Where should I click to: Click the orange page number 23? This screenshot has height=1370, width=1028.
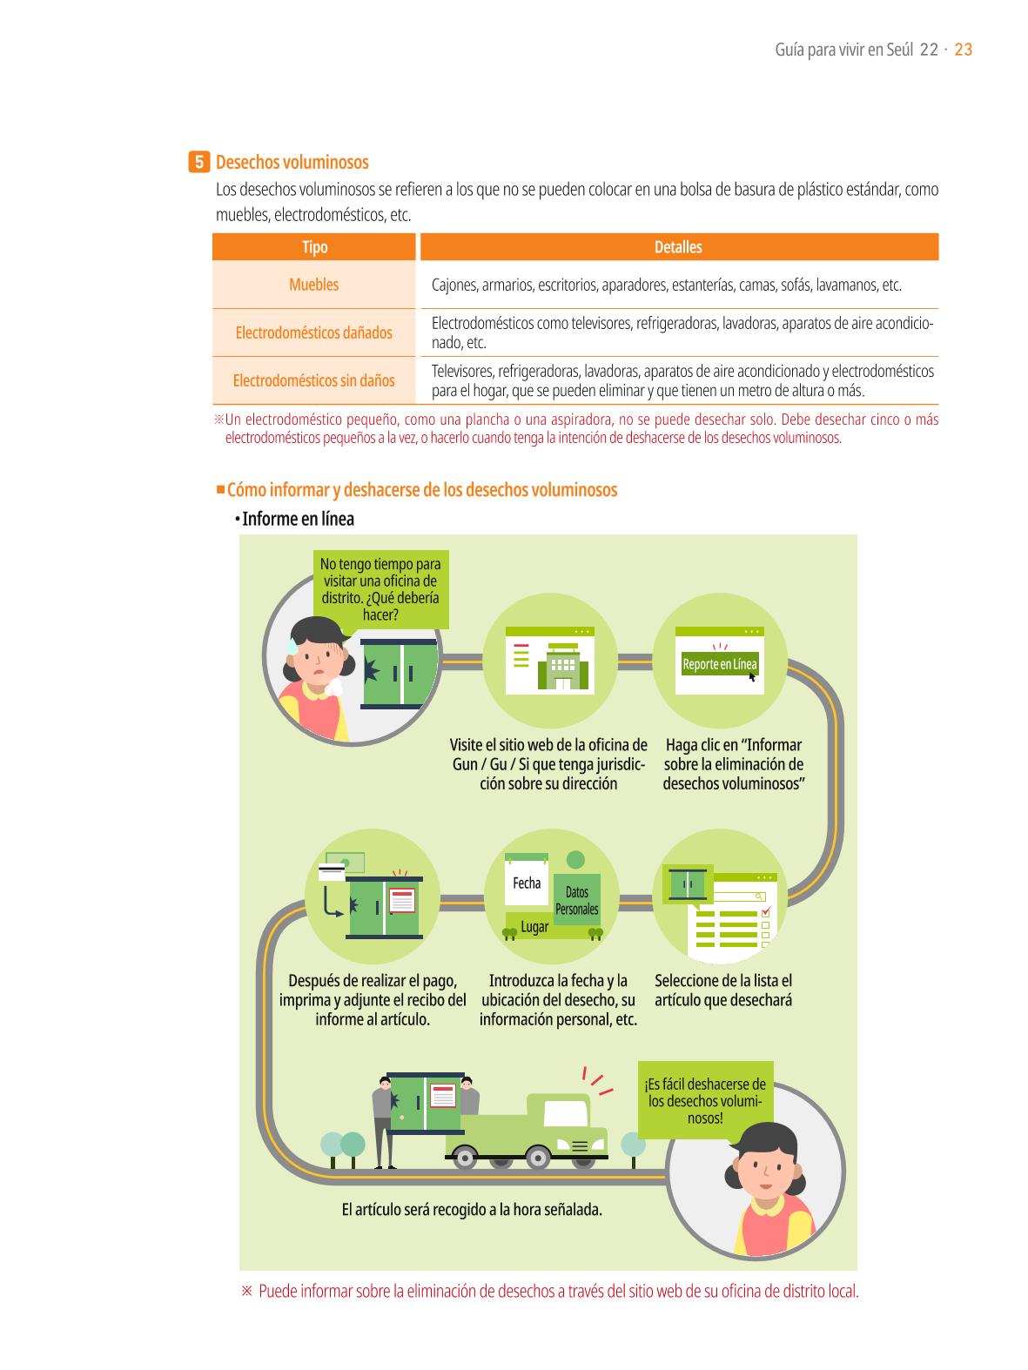(963, 50)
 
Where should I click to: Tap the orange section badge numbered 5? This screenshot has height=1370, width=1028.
(198, 162)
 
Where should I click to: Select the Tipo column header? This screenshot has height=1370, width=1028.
(314, 246)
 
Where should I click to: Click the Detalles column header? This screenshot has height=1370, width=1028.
(678, 246)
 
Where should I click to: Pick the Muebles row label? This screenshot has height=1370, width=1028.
(313, 284)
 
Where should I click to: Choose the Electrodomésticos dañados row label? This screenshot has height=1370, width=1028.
(313, 332)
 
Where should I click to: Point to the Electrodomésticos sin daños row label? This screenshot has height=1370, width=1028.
(313, 380)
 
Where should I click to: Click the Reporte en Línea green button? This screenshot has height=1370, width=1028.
(719, 663)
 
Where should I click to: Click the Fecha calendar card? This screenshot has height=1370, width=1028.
(526, 879)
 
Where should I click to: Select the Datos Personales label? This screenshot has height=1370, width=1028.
(577, 900)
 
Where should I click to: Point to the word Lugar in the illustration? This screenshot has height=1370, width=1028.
(534, 927)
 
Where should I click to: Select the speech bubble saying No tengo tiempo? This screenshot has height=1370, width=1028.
(380, 588)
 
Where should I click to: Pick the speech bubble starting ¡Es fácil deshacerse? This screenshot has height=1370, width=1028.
(705, 1100)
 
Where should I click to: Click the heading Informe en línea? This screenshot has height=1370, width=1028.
(298, 519)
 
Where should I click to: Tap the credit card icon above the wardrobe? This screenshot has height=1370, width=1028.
(332, 871)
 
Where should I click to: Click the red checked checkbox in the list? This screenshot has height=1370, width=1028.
(767, 912)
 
